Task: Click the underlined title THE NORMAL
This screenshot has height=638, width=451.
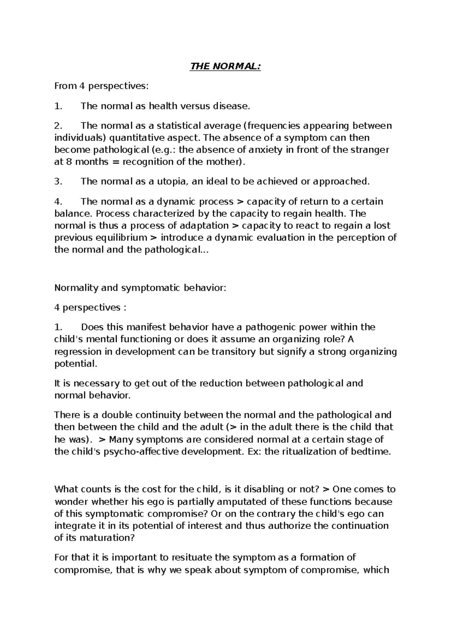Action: [x=225, y=67]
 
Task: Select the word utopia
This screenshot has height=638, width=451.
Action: [x=171, y=181]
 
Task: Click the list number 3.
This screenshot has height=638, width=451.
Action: [x=58, y=181]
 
